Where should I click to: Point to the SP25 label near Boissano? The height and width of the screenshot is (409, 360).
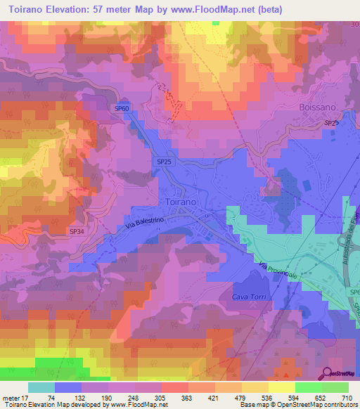coord(332,123)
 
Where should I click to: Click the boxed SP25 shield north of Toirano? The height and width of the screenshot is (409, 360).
coord(164,162)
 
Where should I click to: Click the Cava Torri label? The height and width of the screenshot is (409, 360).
coord(250,297)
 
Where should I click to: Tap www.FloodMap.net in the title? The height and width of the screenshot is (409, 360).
coord(240,10)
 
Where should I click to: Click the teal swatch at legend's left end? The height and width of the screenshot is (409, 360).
coord(41,387)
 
